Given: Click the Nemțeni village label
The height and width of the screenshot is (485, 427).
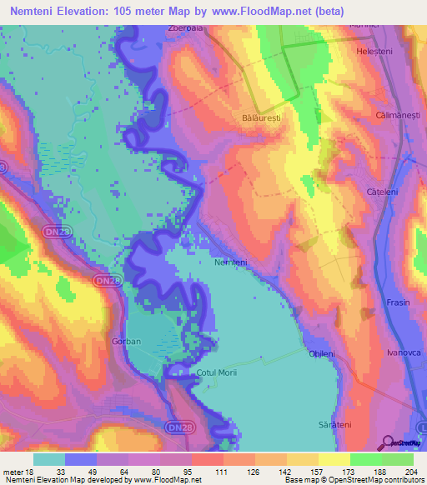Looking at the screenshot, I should tap(231, 262).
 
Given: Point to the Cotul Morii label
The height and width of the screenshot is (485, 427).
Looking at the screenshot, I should tap(217, 373).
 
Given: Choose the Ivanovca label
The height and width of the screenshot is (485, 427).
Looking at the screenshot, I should tap(403, 352).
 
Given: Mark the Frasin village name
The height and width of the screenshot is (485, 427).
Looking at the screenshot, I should tap(399, 302).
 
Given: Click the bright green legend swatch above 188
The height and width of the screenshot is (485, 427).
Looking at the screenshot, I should tap(365, 458).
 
